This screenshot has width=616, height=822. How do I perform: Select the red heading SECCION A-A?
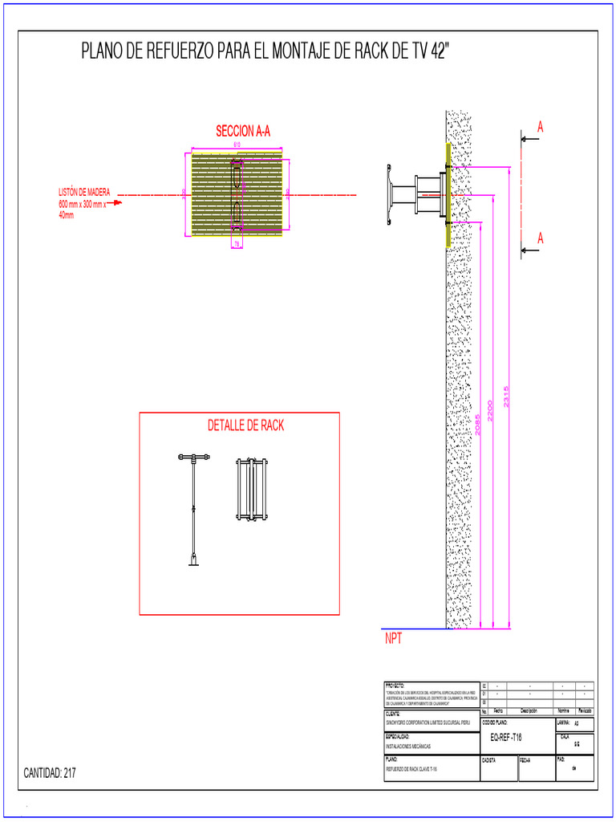click(x=243, y=131)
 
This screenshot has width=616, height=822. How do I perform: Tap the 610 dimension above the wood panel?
click(x=237, y=144)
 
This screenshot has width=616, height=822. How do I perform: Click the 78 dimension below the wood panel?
click(x=237, y=244)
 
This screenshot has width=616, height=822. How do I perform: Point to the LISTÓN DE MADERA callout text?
click(x=84, y=204)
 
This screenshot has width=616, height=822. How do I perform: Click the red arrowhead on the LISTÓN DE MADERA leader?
click(x=118, y=203)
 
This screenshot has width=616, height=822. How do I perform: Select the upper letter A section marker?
click(x=541, y=127)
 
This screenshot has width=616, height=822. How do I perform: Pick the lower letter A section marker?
click(x=541, y=238)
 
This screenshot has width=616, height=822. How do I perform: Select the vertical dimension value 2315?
click(x=506, y=397)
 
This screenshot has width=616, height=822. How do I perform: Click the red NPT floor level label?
click(x=393, y=640)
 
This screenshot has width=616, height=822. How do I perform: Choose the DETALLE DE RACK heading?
click(x=245, y=425)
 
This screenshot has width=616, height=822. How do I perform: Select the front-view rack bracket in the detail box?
click(x=251, y=489)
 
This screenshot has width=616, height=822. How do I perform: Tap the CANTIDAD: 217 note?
click(x=50, y=773)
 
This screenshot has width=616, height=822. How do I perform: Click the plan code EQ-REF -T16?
click(x=505, y=737)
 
